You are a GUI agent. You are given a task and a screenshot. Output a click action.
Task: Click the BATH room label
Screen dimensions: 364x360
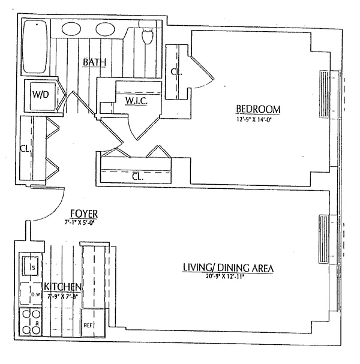[x=95, y=62]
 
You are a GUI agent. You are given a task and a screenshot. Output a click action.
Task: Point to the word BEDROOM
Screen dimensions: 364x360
[x=258, y=109]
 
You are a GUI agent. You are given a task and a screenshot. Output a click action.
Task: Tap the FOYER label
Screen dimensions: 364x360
[x=83, y=214]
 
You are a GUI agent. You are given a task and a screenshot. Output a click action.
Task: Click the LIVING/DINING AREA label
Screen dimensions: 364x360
[x=228, y=268]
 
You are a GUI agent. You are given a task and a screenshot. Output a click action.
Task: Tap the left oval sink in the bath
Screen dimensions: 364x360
[x=71, y=28]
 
